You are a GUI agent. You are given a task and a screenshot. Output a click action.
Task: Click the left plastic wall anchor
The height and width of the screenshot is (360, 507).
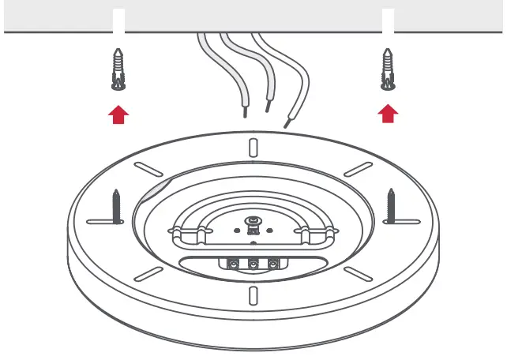point(118,70)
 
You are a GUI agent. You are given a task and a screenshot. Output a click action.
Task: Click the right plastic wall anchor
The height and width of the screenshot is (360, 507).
point(388,70)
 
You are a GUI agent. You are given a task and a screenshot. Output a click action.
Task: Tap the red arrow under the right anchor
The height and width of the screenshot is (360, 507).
point(388,115)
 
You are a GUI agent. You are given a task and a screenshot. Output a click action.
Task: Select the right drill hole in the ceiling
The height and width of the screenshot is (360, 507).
point(388,20)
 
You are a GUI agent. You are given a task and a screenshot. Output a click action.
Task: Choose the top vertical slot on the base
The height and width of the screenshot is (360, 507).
point(253,148)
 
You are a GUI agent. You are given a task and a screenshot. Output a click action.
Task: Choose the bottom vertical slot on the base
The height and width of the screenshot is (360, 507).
point(253,295)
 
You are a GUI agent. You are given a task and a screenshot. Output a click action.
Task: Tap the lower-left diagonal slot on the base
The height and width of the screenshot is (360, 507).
point(147,271)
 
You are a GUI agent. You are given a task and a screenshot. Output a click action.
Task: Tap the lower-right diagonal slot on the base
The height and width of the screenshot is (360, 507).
point(360,271)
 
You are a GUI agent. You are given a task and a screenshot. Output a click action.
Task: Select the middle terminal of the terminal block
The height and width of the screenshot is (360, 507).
point(253,264)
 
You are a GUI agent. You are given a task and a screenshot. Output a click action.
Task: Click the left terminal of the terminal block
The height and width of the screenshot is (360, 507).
point(234,264)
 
